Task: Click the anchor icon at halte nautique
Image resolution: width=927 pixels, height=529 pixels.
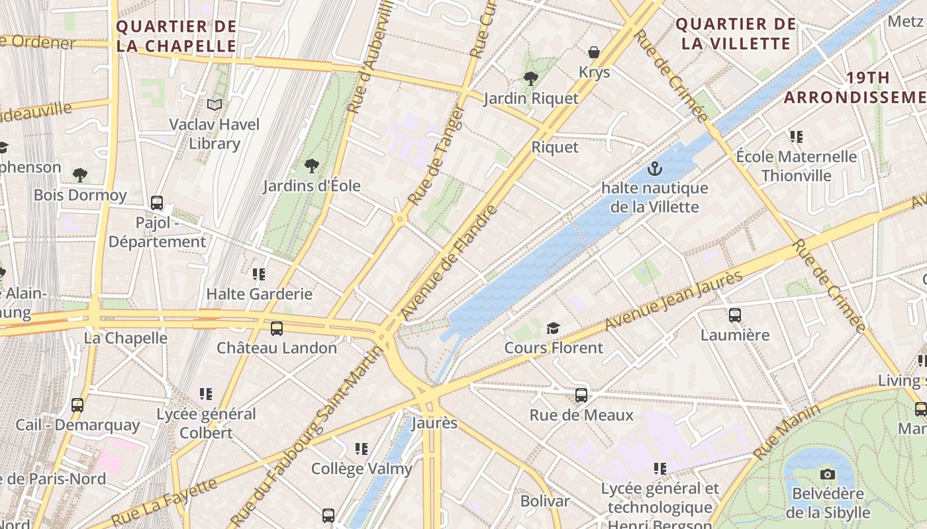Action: pyautogui.click(x=655, y=169)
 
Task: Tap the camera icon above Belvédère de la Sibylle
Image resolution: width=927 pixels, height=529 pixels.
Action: pyautogui.click(x=827, y=474)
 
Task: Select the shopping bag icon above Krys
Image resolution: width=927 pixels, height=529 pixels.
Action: pyautogui.click(x=594, y=52)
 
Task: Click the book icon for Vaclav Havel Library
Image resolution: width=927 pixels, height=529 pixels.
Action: pyautogui.click(x=214, y=104)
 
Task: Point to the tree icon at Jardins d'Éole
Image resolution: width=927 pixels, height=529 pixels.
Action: pyautogui.click(x=311, y=166)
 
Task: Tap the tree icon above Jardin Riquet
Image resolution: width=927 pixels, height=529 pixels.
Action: pyautogui.click(x=530, y=79)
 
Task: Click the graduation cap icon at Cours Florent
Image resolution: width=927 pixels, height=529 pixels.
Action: pyautogui.click(x=553, y=328)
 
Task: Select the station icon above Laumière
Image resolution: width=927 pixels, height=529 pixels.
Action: pyautogui.click(x=735, y=315)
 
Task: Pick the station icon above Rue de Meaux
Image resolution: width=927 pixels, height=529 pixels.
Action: pyautogui.click(x=581, y=395)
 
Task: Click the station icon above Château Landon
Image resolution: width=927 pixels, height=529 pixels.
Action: pyautogui.click(x=277, y=328)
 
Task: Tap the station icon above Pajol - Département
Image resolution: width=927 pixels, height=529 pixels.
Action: pyautogui.click(x=157, y=203)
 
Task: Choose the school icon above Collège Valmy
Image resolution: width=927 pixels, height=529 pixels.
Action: pyautogui.click(x=362, y=449)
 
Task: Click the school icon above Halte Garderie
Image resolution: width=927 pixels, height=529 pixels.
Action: pyautogui.click(x=259, y=274)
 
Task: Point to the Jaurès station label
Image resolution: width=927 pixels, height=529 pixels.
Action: pyautogui.click(x=434, y=423)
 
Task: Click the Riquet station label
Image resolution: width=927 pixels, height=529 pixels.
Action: pyautogui.click(x=555, y=147)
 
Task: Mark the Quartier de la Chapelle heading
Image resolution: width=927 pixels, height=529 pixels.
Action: pyautogui.click(x=176, y=36)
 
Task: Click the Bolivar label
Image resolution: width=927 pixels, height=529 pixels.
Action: pyautogui.click(x=545, y=501)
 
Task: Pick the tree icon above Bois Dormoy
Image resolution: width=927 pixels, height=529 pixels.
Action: pyautogui.click(x=80, y=175)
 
